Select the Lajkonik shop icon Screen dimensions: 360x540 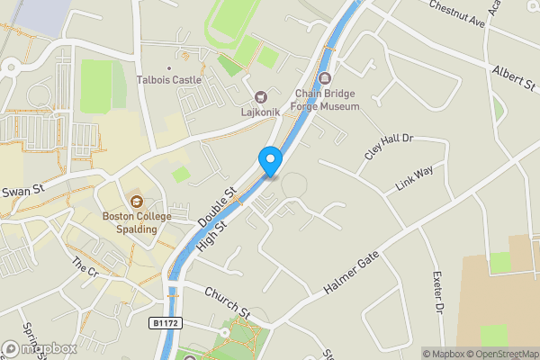coord(262,97)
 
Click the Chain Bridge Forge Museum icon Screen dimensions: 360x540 coord(325,78)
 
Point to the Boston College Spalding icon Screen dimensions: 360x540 coord(136,201)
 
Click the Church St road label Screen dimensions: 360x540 coord(226,301)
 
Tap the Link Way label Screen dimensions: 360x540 coord(414,178)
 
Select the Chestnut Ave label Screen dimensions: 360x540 coord(456,15)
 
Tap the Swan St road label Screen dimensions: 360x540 coord(22,191)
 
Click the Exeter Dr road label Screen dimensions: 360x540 coord(438,292)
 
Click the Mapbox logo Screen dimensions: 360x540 coord(40,348)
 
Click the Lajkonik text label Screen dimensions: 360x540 coord(262,113)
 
